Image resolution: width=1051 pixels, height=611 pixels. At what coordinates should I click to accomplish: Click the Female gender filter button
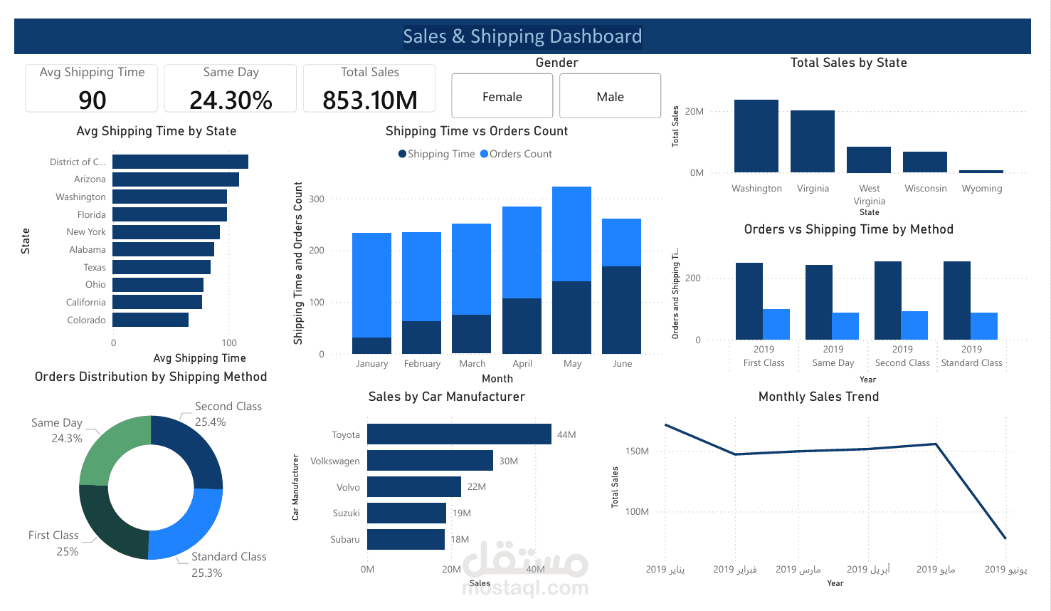pyautogui.click(x=502, y=96)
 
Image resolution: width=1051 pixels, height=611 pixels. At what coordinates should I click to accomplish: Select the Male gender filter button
pyautogui.click(x=610, y=96)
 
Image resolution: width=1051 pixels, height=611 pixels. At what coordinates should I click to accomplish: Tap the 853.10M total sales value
pyautogui.click(x=370, y=100)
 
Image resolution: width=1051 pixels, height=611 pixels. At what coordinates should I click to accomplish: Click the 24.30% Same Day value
pyautogui.click(x=231, y=100)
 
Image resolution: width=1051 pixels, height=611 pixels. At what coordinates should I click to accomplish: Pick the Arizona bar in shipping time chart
pyautogui.click(x=176, y=179)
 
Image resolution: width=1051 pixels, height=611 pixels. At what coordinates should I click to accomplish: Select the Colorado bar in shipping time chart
pyautogui.click(x=150, y=320)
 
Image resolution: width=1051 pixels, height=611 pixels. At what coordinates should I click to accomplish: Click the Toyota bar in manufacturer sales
pyautogui.click(x=459, y=434)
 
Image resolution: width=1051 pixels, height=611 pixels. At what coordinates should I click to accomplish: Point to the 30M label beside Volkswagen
pyautogui.click(x=509, y=461)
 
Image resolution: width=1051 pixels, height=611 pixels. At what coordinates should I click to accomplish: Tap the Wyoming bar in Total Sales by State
pyautogui.click(x=981, y=172)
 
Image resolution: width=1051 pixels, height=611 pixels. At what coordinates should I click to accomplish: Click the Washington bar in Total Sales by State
pyautogui.click(x=756, y=136)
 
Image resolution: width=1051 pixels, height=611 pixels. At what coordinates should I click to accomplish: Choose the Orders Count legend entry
pyautogui.click(x=516, y=154)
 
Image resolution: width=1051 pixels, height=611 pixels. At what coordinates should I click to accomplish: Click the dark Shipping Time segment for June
pyautogui.click(x=621, y=310)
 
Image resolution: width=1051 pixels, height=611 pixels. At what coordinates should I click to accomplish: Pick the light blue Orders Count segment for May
pyautogui.click(x=571, y=234)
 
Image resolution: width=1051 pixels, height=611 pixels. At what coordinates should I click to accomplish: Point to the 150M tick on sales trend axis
pyautogui.click(x=637, y=451)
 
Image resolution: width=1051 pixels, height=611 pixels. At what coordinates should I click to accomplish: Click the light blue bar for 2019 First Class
pyautogui.click(x=776, y=324)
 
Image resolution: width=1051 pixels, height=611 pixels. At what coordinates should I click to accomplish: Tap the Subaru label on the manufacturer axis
pyautogui.click(x=345, y=540)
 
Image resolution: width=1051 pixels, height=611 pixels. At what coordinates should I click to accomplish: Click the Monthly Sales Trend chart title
pyautogui.click(x=819, y=397)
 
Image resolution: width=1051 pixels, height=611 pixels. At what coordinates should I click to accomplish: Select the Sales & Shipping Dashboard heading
pyautogui.click(x=523, y=36)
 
